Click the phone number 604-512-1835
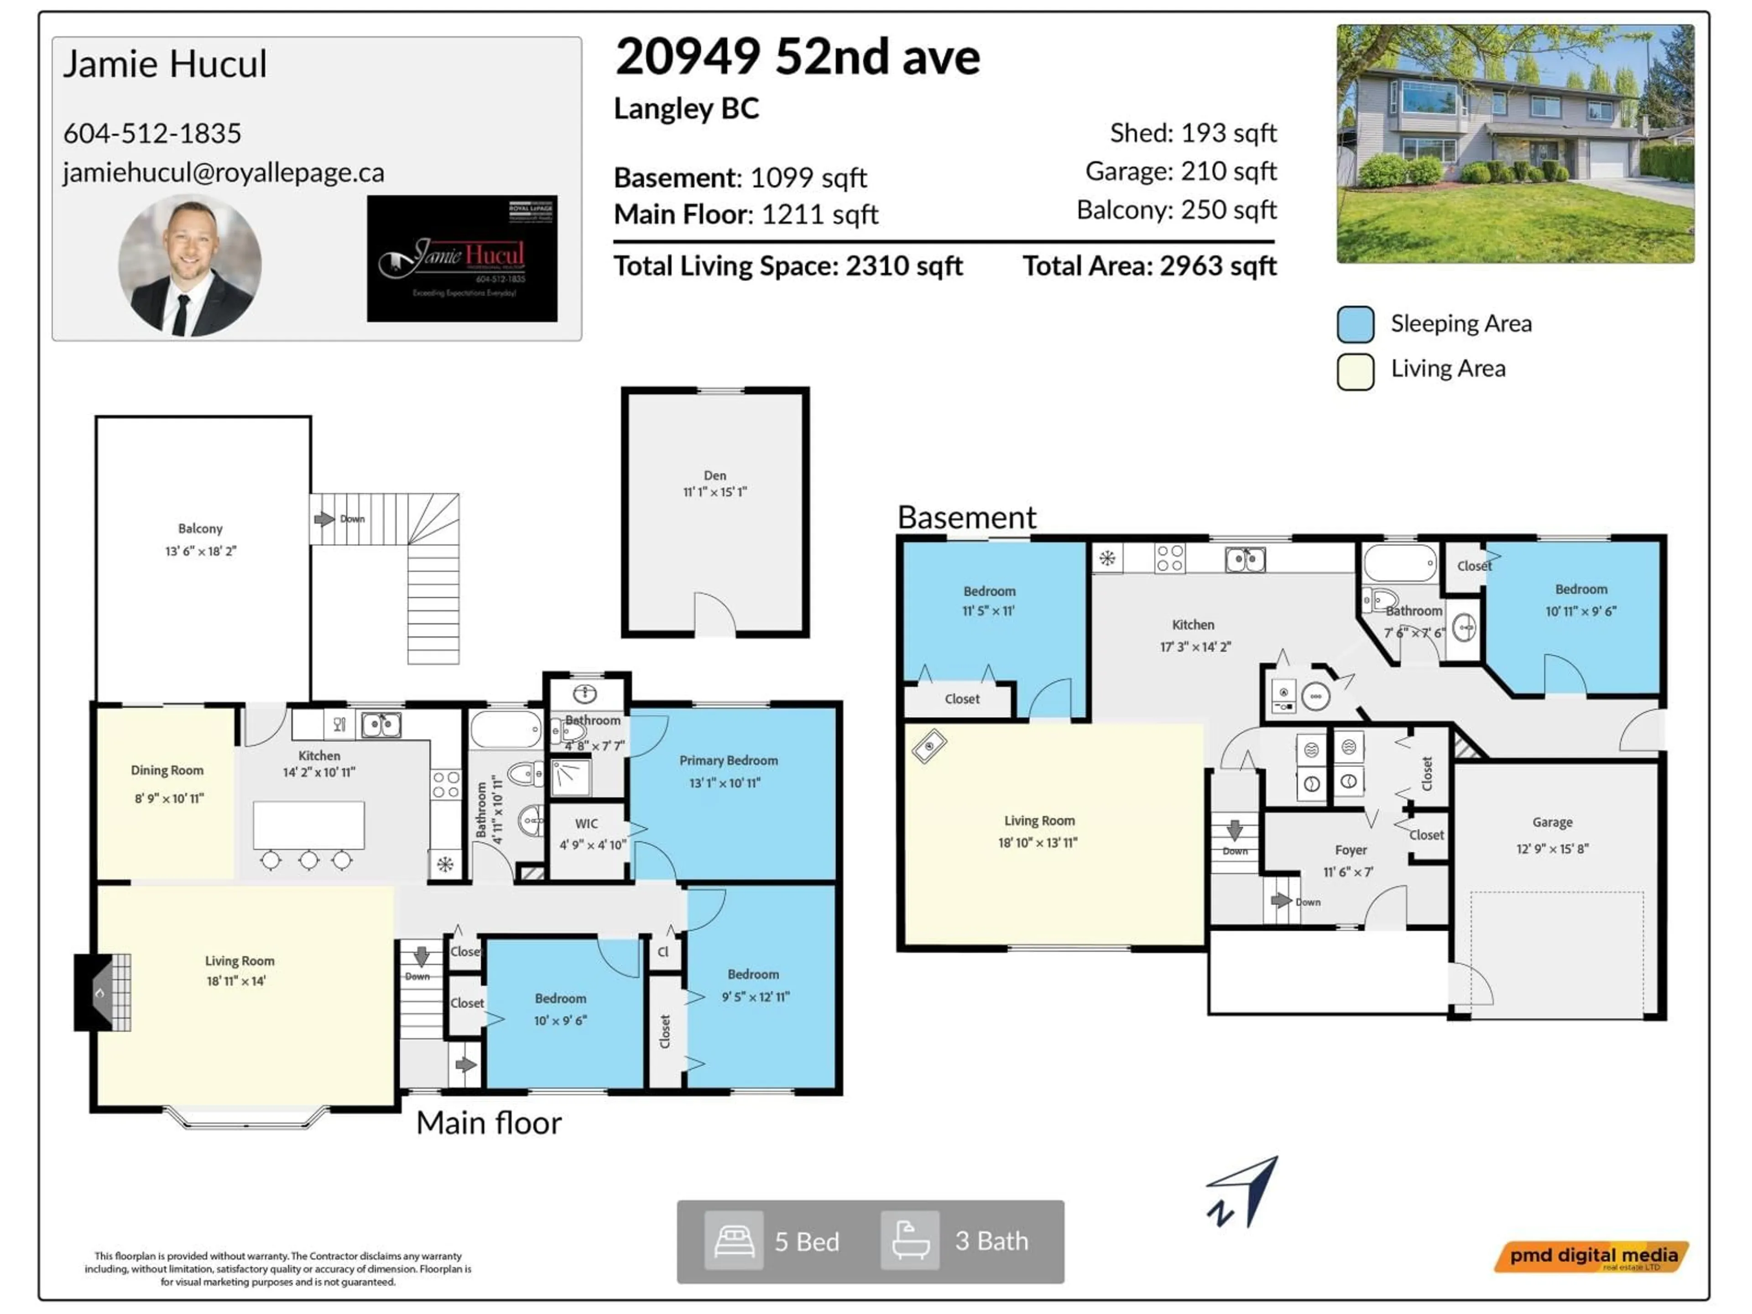(x=152, y=133)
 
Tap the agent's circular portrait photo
(x=190, y=266)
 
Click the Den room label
(x=714, y=475)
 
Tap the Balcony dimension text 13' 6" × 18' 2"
(x=200, y=551)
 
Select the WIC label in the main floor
(x=586, y=824)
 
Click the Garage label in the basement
(x=1552, y=822)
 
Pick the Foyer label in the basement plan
(x=1350, y=850)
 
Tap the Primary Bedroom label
(x=728, y=761)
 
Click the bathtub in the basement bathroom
(x=1399, y=563)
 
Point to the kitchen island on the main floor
(x=308, y=824)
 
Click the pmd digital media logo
(x=1592, y=1256)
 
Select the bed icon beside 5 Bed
(x=734, y=1241)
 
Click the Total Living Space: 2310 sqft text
(x=787, y=266)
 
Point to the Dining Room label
(x=167, y=770)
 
